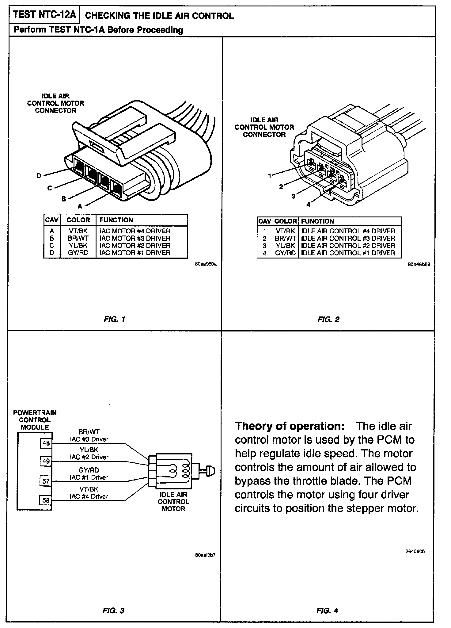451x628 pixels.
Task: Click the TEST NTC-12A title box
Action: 44,15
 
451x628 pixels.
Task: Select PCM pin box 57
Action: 46,481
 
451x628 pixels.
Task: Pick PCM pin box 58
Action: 46,500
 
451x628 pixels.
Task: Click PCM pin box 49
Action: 46,461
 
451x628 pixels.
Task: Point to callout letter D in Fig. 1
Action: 39,176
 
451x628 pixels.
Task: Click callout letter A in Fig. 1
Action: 80,206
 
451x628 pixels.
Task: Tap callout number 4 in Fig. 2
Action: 308,204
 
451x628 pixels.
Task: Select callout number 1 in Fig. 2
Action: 270,176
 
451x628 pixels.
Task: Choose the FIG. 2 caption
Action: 328,320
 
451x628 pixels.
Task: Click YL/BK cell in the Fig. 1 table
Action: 78,245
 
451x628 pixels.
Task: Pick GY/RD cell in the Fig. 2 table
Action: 285,253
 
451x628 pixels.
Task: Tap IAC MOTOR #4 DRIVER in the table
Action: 135,231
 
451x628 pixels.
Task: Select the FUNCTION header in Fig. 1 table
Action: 116,220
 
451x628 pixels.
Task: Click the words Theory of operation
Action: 290,426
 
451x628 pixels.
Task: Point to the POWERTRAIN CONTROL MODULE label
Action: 35,420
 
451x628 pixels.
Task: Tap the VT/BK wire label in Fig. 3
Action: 89,489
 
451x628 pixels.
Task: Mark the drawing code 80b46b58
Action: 419,264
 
